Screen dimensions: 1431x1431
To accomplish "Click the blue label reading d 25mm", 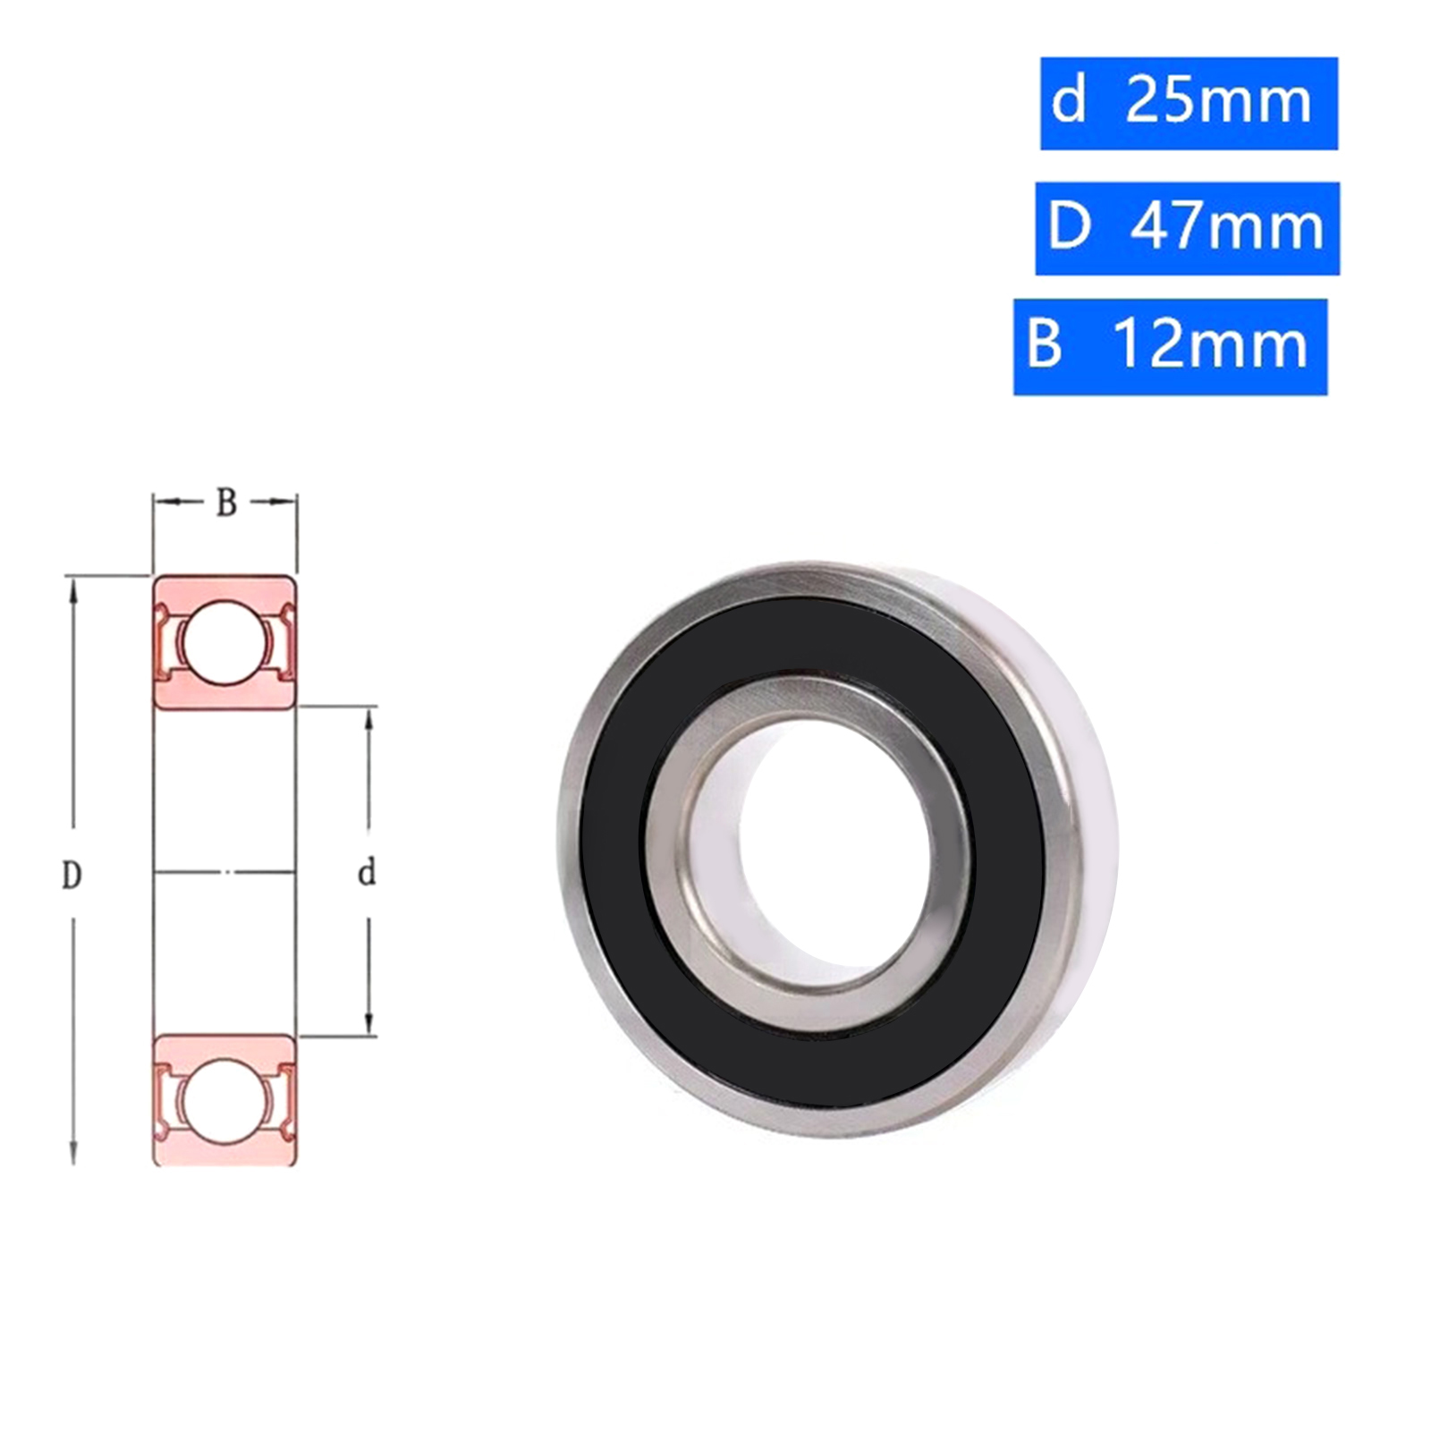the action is click(x=1189, y=104).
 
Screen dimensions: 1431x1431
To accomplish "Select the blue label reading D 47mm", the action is click(x=1187, y=228).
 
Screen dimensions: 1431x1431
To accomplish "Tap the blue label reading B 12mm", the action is click(x=1170, y=347).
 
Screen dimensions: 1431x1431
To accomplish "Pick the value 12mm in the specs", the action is click(x=1212, y=345).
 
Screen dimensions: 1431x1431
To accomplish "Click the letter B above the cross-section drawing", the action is click(x=226, y=504).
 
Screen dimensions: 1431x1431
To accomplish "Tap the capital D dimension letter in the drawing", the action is click(x=72, y=875).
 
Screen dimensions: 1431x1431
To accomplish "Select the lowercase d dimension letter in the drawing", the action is click(x=366, y=872).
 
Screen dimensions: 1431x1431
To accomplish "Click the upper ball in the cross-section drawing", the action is click(x=224, y=642).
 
